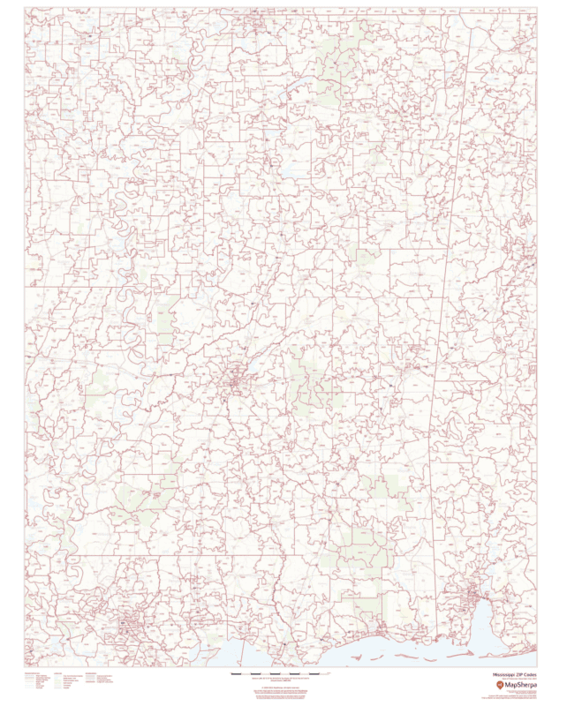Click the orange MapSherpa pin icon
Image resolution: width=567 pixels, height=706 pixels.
(500, 685)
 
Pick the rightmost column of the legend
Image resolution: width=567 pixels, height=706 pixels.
(99, 680)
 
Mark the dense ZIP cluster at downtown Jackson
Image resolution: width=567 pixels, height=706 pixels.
(235, 382)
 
